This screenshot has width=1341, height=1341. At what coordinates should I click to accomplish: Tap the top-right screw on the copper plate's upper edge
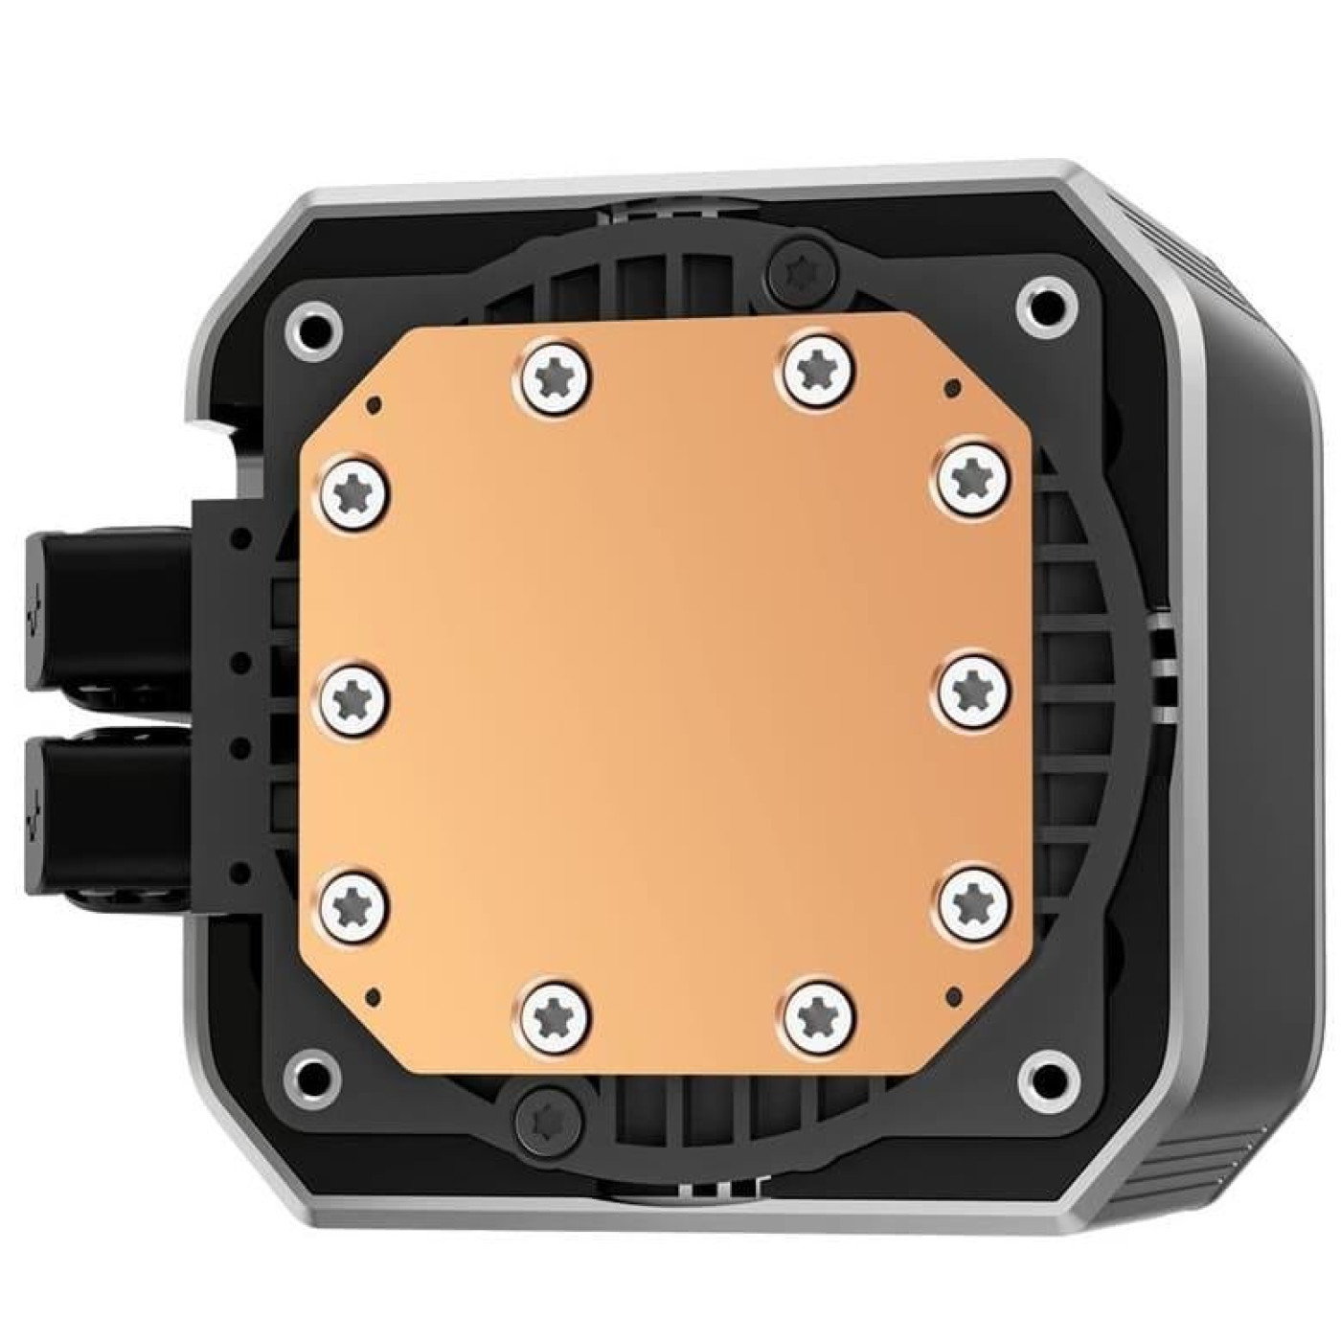coord(819,365)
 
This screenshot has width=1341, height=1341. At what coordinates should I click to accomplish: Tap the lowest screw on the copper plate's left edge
coord(352,901)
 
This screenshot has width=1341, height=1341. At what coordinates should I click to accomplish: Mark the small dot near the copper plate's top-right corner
coord(951,388)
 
